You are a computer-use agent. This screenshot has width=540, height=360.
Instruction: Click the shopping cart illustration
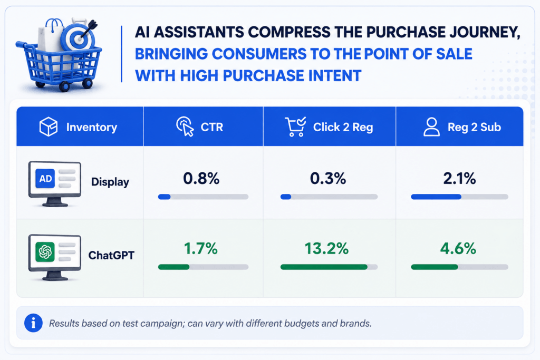(x=59, y=55)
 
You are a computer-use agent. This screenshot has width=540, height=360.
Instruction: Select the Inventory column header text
(x=92, y=128)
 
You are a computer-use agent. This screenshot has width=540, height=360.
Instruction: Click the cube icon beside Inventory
(x=48, y=127)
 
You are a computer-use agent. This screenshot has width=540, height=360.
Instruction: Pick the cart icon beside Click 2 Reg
(x=295, y=127)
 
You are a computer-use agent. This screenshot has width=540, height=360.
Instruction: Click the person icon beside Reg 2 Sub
(x=431, y=127)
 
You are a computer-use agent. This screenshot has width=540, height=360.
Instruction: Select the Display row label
(x=110, y=182)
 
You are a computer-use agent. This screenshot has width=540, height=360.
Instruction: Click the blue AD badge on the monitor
(x=45, y=179)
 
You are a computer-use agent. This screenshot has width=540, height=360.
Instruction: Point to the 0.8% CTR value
(x=201, y=178)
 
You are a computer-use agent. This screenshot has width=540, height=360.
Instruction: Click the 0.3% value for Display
(x=328, y=178)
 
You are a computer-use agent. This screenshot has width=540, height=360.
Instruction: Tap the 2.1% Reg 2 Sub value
(x=459, y=178)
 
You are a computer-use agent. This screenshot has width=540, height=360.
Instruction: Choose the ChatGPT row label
(x=111, y=255)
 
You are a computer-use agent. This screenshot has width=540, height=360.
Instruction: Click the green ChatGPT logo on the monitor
(x=45, y=251)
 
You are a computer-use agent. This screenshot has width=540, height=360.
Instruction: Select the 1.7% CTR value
(x=201, y=248)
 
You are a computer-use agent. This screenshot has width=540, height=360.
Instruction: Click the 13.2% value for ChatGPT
(x=326, y=248)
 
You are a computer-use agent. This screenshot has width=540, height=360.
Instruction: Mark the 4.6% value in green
(x=458, y=248)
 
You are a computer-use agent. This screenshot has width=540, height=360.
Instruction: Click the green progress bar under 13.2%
(x=324, y=267)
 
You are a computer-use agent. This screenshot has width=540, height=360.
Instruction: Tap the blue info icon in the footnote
(x=33, y=323)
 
